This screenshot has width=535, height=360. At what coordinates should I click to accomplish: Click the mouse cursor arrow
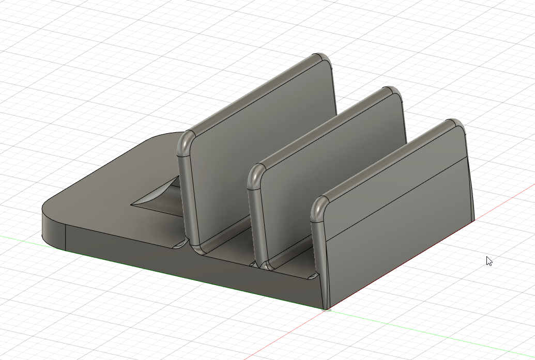pos(488,260)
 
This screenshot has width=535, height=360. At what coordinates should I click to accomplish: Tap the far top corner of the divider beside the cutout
pos(323,58)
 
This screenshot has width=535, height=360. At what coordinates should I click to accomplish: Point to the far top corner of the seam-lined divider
pos(456,125)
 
